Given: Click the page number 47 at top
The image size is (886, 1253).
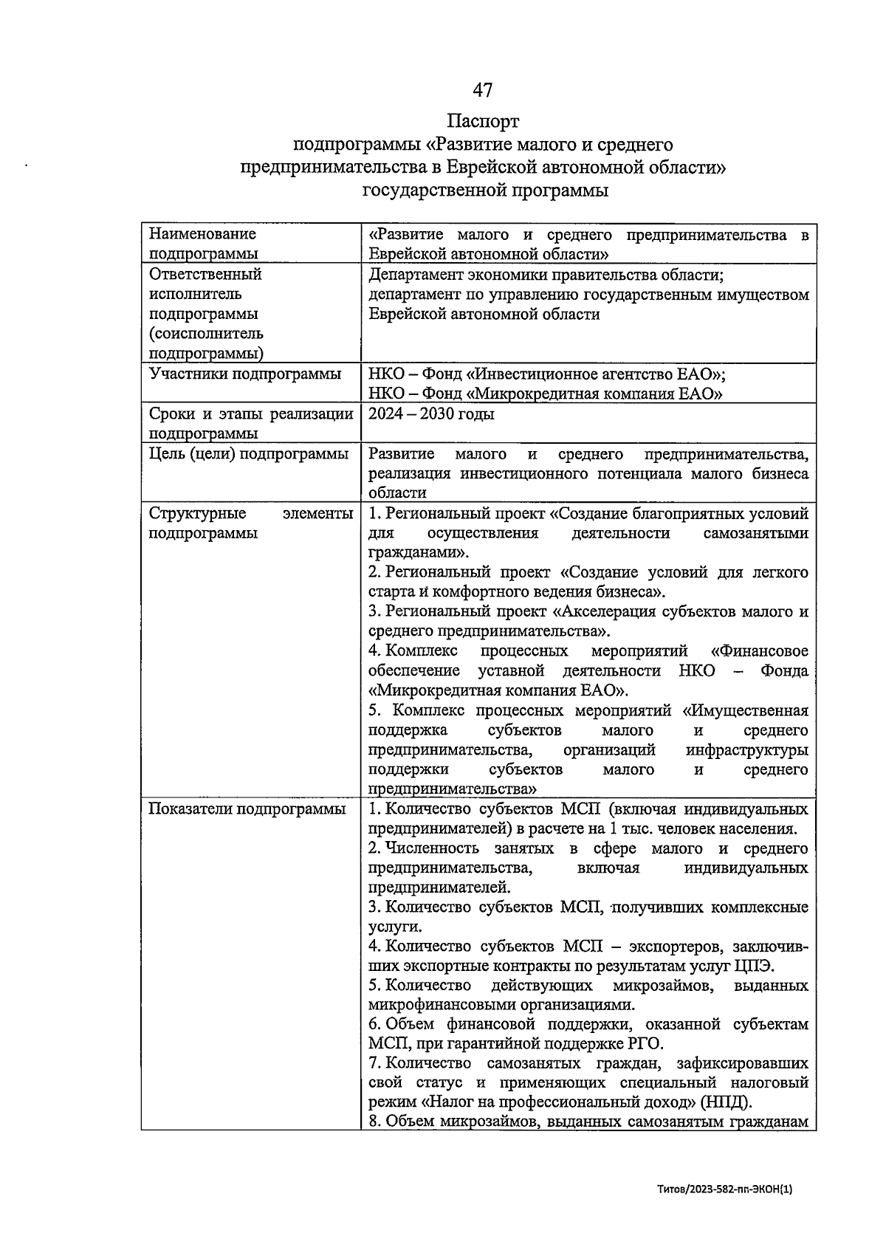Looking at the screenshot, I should pos(482,90).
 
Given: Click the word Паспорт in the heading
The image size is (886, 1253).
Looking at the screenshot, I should pos(483,120).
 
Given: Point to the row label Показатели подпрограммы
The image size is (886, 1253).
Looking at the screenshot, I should pos(247,809).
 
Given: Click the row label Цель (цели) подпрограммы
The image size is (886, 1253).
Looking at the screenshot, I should pos(248,454).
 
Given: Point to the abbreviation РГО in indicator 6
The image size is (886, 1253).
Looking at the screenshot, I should pos(645,1045).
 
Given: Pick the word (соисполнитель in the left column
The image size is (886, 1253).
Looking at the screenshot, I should pos(206,334).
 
